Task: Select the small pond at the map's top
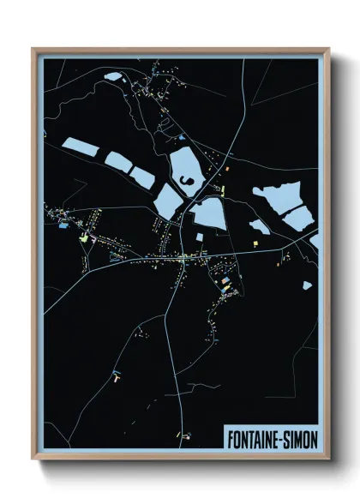[x=112, y=76]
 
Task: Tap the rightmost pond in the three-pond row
[x=142, y=177]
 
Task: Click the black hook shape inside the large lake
[x=185, y=179]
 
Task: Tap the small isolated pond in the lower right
[x=306, y=285]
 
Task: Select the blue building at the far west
[x=61, y=227]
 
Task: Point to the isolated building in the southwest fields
[x=115, y=374]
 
